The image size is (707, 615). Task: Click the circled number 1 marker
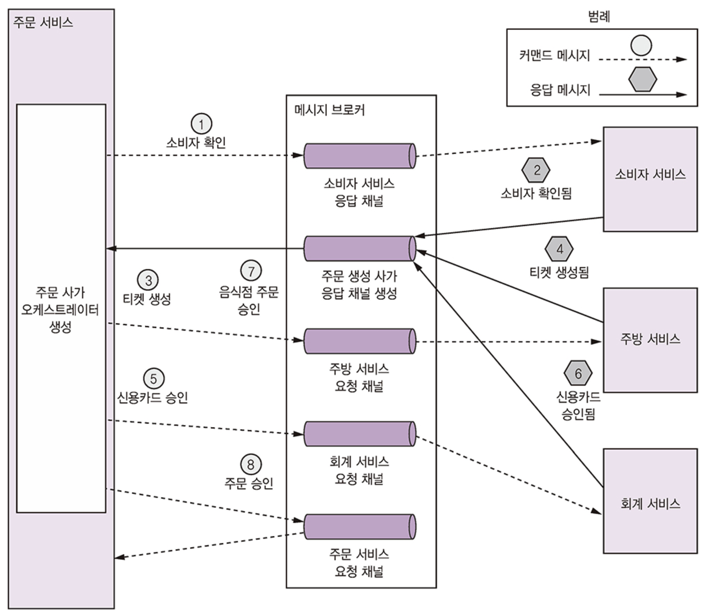click(201, 124)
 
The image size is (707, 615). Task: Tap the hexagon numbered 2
click(536, 170)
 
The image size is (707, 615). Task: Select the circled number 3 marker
click(148, 280)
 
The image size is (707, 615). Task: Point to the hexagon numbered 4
click(559, 249)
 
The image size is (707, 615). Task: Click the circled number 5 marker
click(154, 379)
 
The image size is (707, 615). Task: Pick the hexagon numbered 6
click(578, 373)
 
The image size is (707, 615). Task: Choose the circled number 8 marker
click(251, 464)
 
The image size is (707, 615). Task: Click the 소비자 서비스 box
click(650, 179)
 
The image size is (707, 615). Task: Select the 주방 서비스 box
click(650, 340)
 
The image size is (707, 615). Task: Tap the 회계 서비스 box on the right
click(650, 501)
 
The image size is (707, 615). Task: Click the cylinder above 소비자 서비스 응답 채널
click(360, 156)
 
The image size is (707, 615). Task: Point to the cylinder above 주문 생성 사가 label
click(360, 249)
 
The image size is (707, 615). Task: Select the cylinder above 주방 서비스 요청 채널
click(360, 341)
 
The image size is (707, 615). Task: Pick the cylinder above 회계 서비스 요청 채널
click(360, 434)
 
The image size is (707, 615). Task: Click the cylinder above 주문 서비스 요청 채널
click(360, 526)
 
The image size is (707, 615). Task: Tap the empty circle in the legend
click(641, 45)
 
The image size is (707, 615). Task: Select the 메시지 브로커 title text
click(330, 110)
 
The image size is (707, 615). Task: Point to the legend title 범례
click(599, 16)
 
